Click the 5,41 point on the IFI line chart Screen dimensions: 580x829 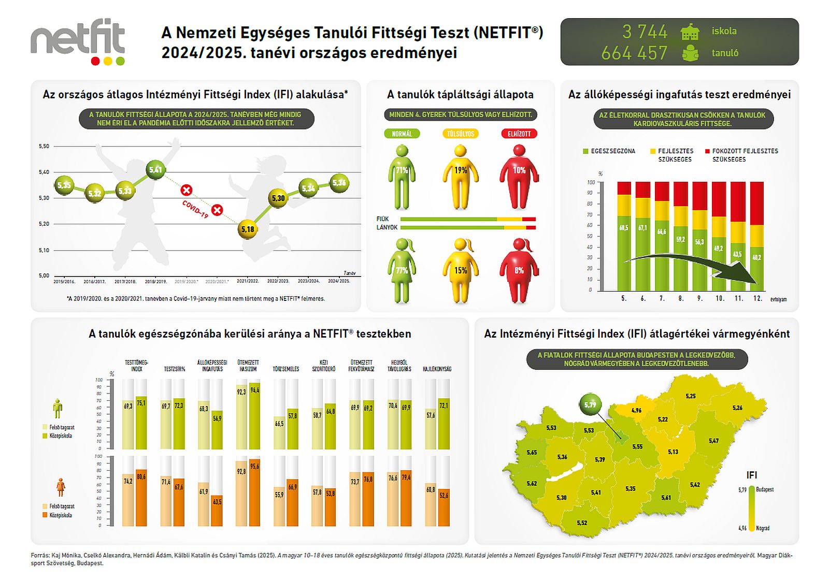(x=155, y=169)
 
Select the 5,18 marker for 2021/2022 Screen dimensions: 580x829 (x=248, y=229)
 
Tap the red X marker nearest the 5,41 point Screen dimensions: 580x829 (x=187, y=191)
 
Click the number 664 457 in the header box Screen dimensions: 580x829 (x=634, y=53)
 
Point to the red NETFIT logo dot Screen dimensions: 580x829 (x=95, y=61)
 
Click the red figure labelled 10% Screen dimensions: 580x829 (x=519, y=176)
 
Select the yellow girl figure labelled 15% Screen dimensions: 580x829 (x=461, y=270)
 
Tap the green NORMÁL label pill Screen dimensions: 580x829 (x=402, y=134)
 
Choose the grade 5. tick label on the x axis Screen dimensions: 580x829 (x=624, y=299)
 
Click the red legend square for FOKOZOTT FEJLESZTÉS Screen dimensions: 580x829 (x=707, y=151)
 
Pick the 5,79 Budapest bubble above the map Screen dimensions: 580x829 (x=590, y=405)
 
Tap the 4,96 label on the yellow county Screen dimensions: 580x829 (x=636, y=411)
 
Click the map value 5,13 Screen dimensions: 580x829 (x=673, y=452)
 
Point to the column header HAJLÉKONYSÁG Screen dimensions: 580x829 (x=437, y=369)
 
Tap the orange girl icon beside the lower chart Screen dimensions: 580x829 (x=61, y=487)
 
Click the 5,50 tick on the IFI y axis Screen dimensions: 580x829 (x=44, y=147)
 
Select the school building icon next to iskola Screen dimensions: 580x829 (x=690, y=32)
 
